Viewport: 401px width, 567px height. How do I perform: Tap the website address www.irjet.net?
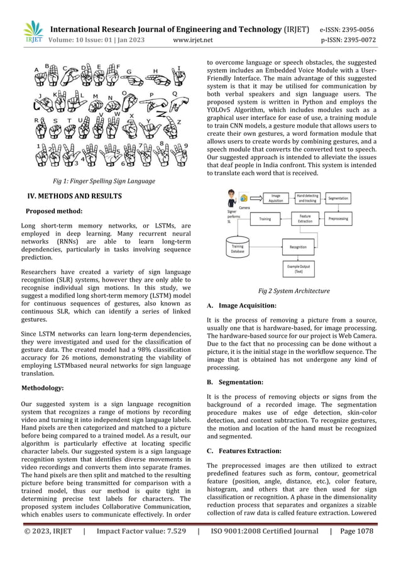point(192,40)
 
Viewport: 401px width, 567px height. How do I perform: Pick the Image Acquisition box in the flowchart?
point(275,198)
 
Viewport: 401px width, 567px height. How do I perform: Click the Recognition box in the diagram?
point(298,247)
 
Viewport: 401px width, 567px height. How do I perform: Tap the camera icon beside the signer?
point(244,199)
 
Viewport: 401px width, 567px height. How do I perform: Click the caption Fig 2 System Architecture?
point(294,291)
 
